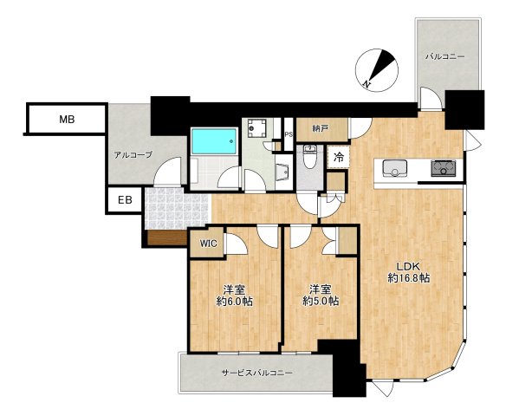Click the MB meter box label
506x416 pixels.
point(67,120)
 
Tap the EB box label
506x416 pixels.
point(125,200)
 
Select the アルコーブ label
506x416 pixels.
point(133,155)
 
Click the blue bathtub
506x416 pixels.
point(214,141)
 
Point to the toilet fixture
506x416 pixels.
point(310,157)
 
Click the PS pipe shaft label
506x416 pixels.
point(289,134)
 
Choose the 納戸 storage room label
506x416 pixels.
point(321,129)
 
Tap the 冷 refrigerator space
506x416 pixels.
point(339,157)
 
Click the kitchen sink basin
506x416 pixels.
point(395,168)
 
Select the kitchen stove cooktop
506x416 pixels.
point(444,168)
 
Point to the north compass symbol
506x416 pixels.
point(377,70)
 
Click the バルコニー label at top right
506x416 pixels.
point(445,57)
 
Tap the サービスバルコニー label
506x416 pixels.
point(257,373)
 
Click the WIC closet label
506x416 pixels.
point(209,244)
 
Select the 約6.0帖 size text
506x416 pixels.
point(235,302)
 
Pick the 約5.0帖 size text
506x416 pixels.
point(321,302)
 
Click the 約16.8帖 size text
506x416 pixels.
point(409,278)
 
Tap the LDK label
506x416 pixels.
point(407,267)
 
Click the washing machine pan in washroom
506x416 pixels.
point(256,128)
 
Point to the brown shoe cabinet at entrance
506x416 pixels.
point(167,237)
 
